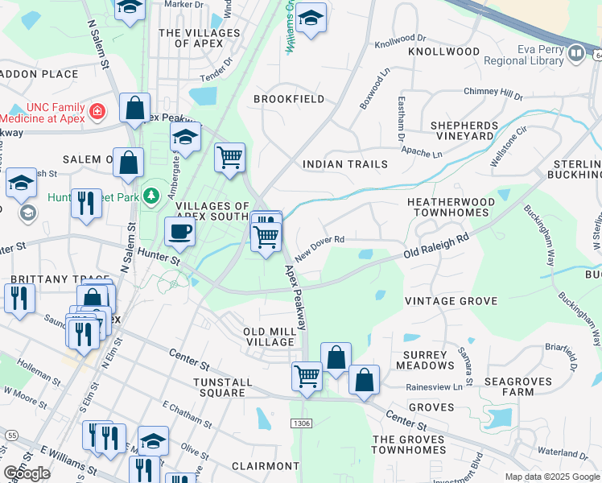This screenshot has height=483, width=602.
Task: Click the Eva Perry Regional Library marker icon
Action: (x=575, y=54)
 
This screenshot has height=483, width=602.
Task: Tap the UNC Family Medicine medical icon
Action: (x=97, y=111)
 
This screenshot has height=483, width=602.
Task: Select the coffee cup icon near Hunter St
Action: (x=179, y=233)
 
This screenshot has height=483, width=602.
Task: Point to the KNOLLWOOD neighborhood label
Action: (x=443, y=52)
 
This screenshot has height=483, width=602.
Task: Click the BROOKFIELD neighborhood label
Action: (x=289, y=99)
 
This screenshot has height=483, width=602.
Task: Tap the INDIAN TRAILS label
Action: (x=344, y=164)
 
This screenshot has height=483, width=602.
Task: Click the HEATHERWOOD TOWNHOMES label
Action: (x=447, y=207)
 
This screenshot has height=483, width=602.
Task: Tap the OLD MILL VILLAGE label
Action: (x=270, y=336)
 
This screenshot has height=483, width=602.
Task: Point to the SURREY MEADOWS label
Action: (x=425, y=360)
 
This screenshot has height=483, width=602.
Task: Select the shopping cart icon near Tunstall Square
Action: (x=307, y=375)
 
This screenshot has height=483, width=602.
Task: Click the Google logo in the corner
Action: (x=27, y=473)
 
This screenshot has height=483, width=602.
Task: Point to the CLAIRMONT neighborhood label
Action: (x=265, y=466)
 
